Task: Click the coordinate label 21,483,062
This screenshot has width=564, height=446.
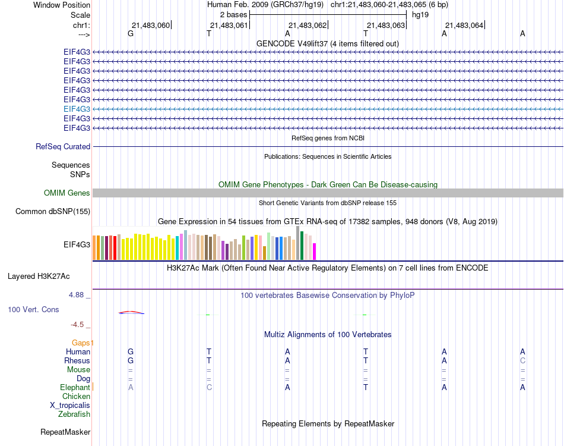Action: tap(307, 25)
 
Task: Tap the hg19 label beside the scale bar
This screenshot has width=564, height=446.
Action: tap(420, 14)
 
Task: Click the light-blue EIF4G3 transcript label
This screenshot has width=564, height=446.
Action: tap(77, 109)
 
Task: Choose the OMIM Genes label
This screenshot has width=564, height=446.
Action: tap(67, 193)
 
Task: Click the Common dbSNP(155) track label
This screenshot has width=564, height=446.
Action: tap(53, 211)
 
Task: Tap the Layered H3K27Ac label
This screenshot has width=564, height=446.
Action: tap(39, 276)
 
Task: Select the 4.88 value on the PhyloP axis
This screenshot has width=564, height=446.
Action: tap(77, 294)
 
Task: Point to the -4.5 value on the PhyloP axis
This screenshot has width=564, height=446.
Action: tap(78, 324)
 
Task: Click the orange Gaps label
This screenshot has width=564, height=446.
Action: tap(83, 343)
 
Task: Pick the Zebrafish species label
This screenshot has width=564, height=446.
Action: tap(74, 414)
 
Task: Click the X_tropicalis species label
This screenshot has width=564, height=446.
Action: tap(70, 406)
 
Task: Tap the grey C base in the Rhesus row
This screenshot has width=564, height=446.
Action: tap(522, 360)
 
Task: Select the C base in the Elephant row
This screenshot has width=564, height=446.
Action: tap(209, 387)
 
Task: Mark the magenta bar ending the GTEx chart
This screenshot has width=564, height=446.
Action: tap(314, 252)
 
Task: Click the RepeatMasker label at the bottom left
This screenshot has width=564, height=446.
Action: tap(65, 432)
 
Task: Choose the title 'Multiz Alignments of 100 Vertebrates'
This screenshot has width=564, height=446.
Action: tap(328, 334)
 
